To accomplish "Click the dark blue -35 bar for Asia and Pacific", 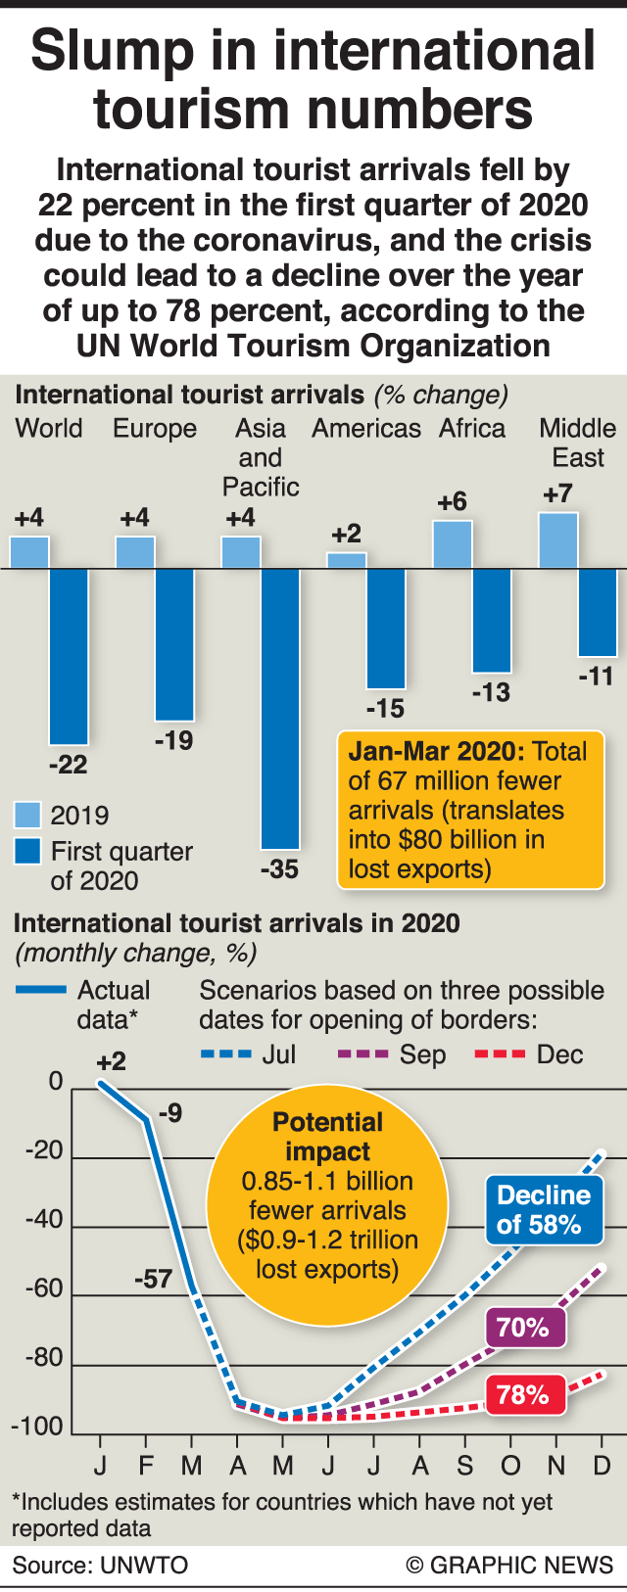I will pos(280,708).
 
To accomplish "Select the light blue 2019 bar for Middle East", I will pos(557,540).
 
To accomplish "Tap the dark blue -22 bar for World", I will pos(69,656).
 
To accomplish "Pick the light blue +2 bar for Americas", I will pos(346,560).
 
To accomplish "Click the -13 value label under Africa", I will pos(491,693).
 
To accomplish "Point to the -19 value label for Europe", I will pos(173,741).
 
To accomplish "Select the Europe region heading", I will pos(155,429).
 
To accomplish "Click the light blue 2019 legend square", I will pos(27,815).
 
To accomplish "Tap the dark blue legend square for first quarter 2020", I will pos(27,851).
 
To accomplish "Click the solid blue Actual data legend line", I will pos(41,990).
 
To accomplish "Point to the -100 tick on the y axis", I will pos(36,1427).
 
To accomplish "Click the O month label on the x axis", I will pos(510,1466).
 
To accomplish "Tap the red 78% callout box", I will pos(524,1394).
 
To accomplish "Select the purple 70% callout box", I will pos(524,1328).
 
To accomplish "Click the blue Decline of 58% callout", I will pos(544,1210).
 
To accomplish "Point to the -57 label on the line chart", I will pos(154,1279).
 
